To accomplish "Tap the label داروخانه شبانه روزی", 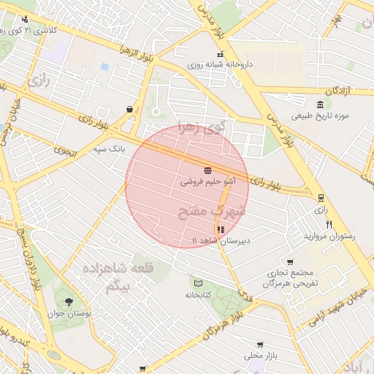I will tap(221, 65).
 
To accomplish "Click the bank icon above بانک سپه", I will tap(129, 110).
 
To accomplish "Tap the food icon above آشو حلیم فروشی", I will tap(208, 169).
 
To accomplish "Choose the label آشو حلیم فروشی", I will tap(207, 180).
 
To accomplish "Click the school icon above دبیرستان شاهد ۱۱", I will tap(221, 229).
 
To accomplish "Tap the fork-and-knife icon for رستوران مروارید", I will tap(329, 225).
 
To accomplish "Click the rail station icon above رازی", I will tap(321, 197).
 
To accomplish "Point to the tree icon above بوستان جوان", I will tap(69, 302).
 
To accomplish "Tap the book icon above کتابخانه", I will tap(198, 283).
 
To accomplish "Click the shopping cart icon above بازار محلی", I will tap(260, 344).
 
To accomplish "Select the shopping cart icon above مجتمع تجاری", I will tap(290, 262).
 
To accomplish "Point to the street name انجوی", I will tap(64, 150).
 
